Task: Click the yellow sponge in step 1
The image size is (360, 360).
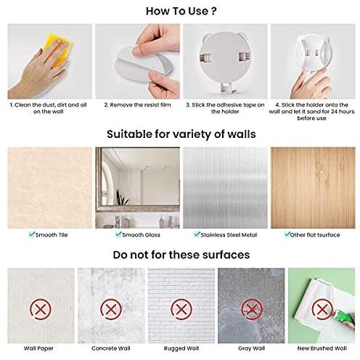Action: (x=58, y=49)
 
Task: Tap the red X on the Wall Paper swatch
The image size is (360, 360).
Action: (x=41, y=309)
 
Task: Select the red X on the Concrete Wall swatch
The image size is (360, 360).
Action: (x=111, y=309)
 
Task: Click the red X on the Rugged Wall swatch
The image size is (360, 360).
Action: (x=181, y=309)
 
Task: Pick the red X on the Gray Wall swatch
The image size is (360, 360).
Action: (x=252, y=309)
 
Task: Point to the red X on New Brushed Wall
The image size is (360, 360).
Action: (x=322, y=309)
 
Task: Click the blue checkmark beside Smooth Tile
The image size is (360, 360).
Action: (x=32, y=234)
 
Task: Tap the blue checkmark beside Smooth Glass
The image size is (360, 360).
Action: (x=118, y=234)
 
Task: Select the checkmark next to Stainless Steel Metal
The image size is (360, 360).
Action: (x=197, y=234)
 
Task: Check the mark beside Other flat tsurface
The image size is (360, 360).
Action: (x=287, y=234)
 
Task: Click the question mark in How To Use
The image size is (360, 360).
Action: (x=213, y=11)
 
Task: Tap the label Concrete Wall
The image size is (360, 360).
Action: (x=111, y=348)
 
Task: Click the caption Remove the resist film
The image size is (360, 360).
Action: (x=137, y=105)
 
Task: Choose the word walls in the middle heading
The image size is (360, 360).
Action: (x=242, y=134)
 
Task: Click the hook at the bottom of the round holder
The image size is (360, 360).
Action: (x=226, y=88)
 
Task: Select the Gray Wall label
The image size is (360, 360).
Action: (x=252, y=348)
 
